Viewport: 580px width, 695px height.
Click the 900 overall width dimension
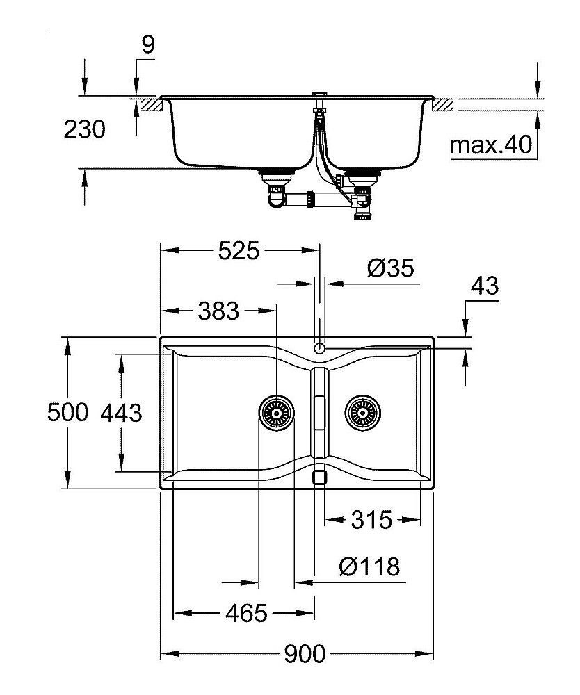click(x=304, y=654)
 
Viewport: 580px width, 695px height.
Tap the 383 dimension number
click(x=218, y=311)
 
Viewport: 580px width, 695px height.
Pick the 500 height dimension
click(x=67, y=413)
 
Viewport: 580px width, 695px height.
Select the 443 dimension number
click(x=121, y=413)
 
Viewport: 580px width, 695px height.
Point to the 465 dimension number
click(x=246, y=613)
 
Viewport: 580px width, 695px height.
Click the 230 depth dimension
click(x=85, y=129)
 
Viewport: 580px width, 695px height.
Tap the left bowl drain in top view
click(x=275, y=413)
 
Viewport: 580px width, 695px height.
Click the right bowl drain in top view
click(x=361, y=413)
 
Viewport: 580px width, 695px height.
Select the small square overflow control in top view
click(x=319, y=477)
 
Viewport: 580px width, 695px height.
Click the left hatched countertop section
click(x=150, y=105)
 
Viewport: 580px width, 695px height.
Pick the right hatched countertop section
click(x=444, y=105)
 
